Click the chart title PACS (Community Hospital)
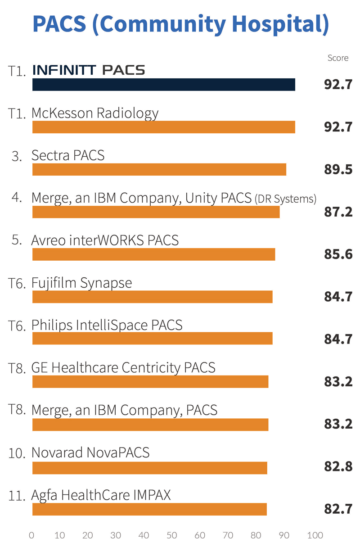180,25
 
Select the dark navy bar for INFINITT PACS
163,85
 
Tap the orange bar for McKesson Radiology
163,127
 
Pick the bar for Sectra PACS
159,170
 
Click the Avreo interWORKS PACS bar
153,254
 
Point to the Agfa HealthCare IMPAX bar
149,510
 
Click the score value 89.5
338,170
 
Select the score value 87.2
338,212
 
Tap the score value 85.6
338,255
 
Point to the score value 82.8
338,467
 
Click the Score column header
338,58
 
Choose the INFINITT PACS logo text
89,71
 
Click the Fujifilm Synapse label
81,283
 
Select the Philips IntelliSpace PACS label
107,325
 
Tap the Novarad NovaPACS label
90,452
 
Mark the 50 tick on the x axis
172,535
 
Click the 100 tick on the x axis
315,535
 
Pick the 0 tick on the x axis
31,535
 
